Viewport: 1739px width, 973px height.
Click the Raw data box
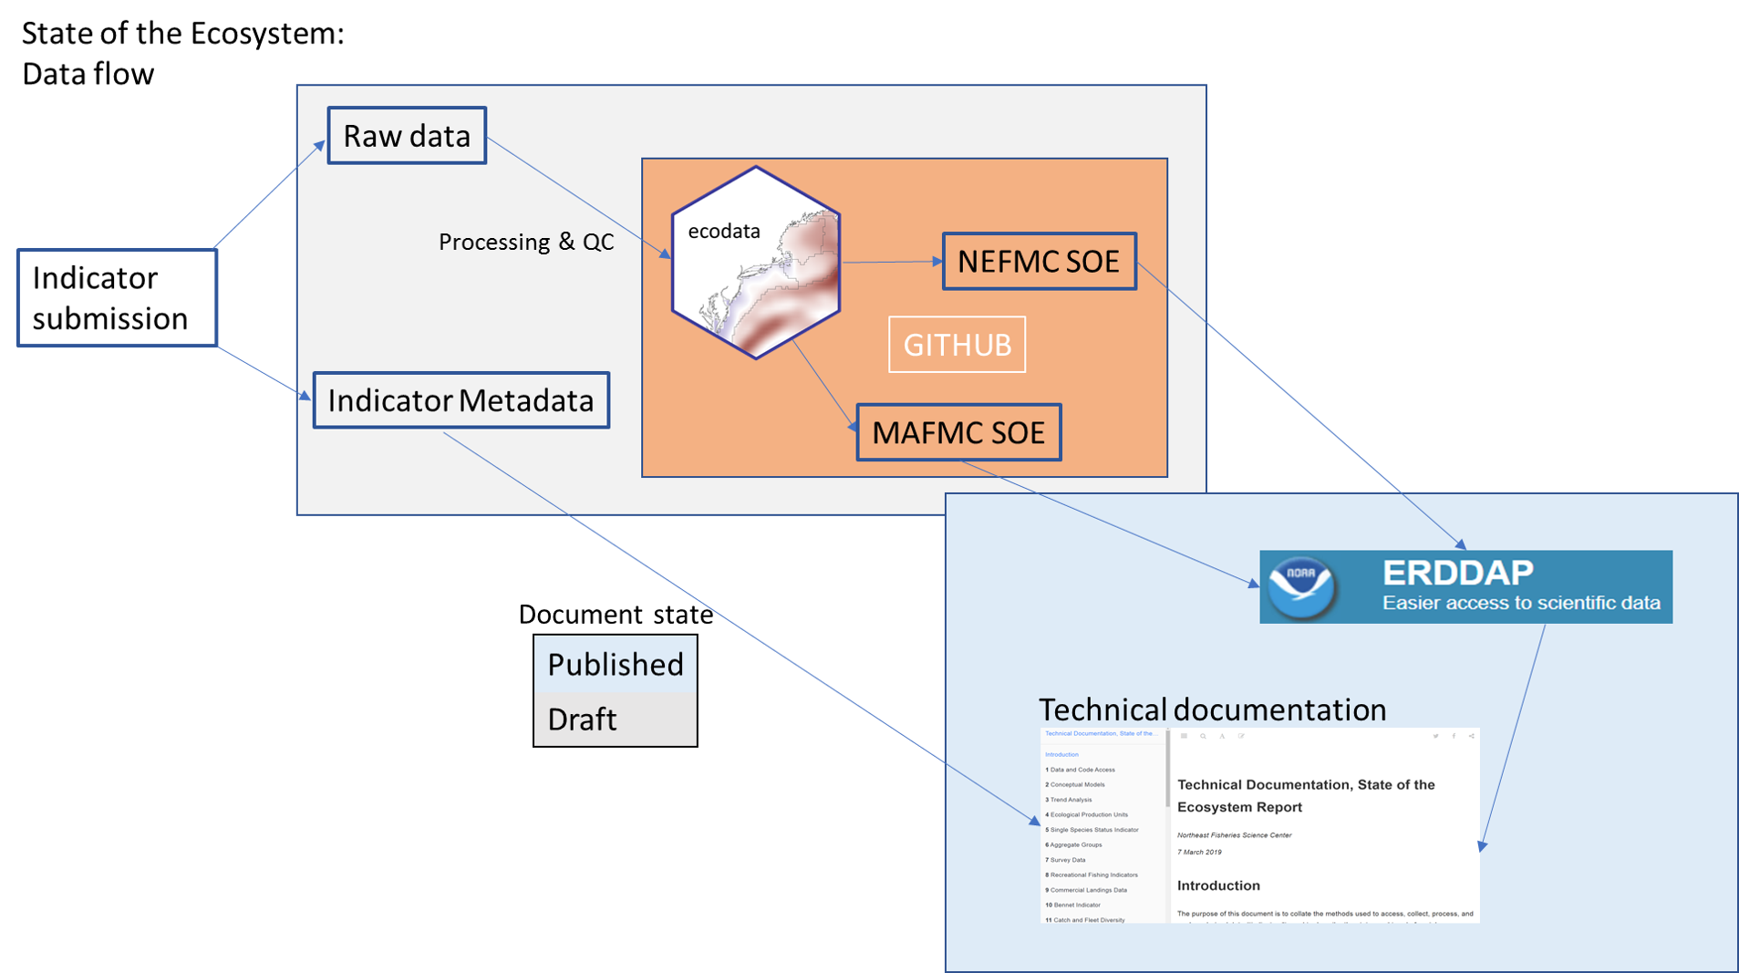pyautogui.click(x=407, y=136)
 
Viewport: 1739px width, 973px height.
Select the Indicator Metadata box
pyautogui.click(x=461, y=400)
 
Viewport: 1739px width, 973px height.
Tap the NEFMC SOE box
pyautogui.click(x=1039, y=262)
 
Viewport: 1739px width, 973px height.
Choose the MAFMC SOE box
pyautogui.click(x=958, y=432)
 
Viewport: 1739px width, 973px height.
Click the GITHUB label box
pyautogui.click(x=957, y=345)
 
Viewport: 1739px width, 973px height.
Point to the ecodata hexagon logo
pyautogui.click(x=755, y=263)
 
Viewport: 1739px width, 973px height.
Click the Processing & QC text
pyautogui.click(x=526, y=242)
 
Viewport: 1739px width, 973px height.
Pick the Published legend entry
pyautogui.click(x=615, y=664)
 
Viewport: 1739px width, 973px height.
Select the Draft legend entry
pyautogui.click(x=583, y=719)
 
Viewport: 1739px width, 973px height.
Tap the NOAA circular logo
pyautogui.click(x=1301, y=586)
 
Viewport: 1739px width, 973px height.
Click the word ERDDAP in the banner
pyautogui.click(x=1457, y=573)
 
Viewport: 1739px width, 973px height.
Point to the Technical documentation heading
pyautogui.click(x=1212, y=709)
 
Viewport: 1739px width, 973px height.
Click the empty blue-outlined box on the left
pyautogui.click(x=117, y=297)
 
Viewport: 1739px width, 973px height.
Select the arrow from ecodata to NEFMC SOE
pyautogui.click(x=891, y=262)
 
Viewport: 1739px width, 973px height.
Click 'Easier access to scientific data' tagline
pyautogui.click(x=1520, y=603)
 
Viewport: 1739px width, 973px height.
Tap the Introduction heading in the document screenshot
pyautogui.click(x=1218, y=885)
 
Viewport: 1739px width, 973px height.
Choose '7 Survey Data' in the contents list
pyautogui.click(x=1067, y=860)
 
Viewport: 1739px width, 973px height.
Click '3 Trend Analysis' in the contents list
pyautogui.click(x=1070, y=800)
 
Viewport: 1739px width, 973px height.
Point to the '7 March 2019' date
pyautogui.click(x=1199, y=853)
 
